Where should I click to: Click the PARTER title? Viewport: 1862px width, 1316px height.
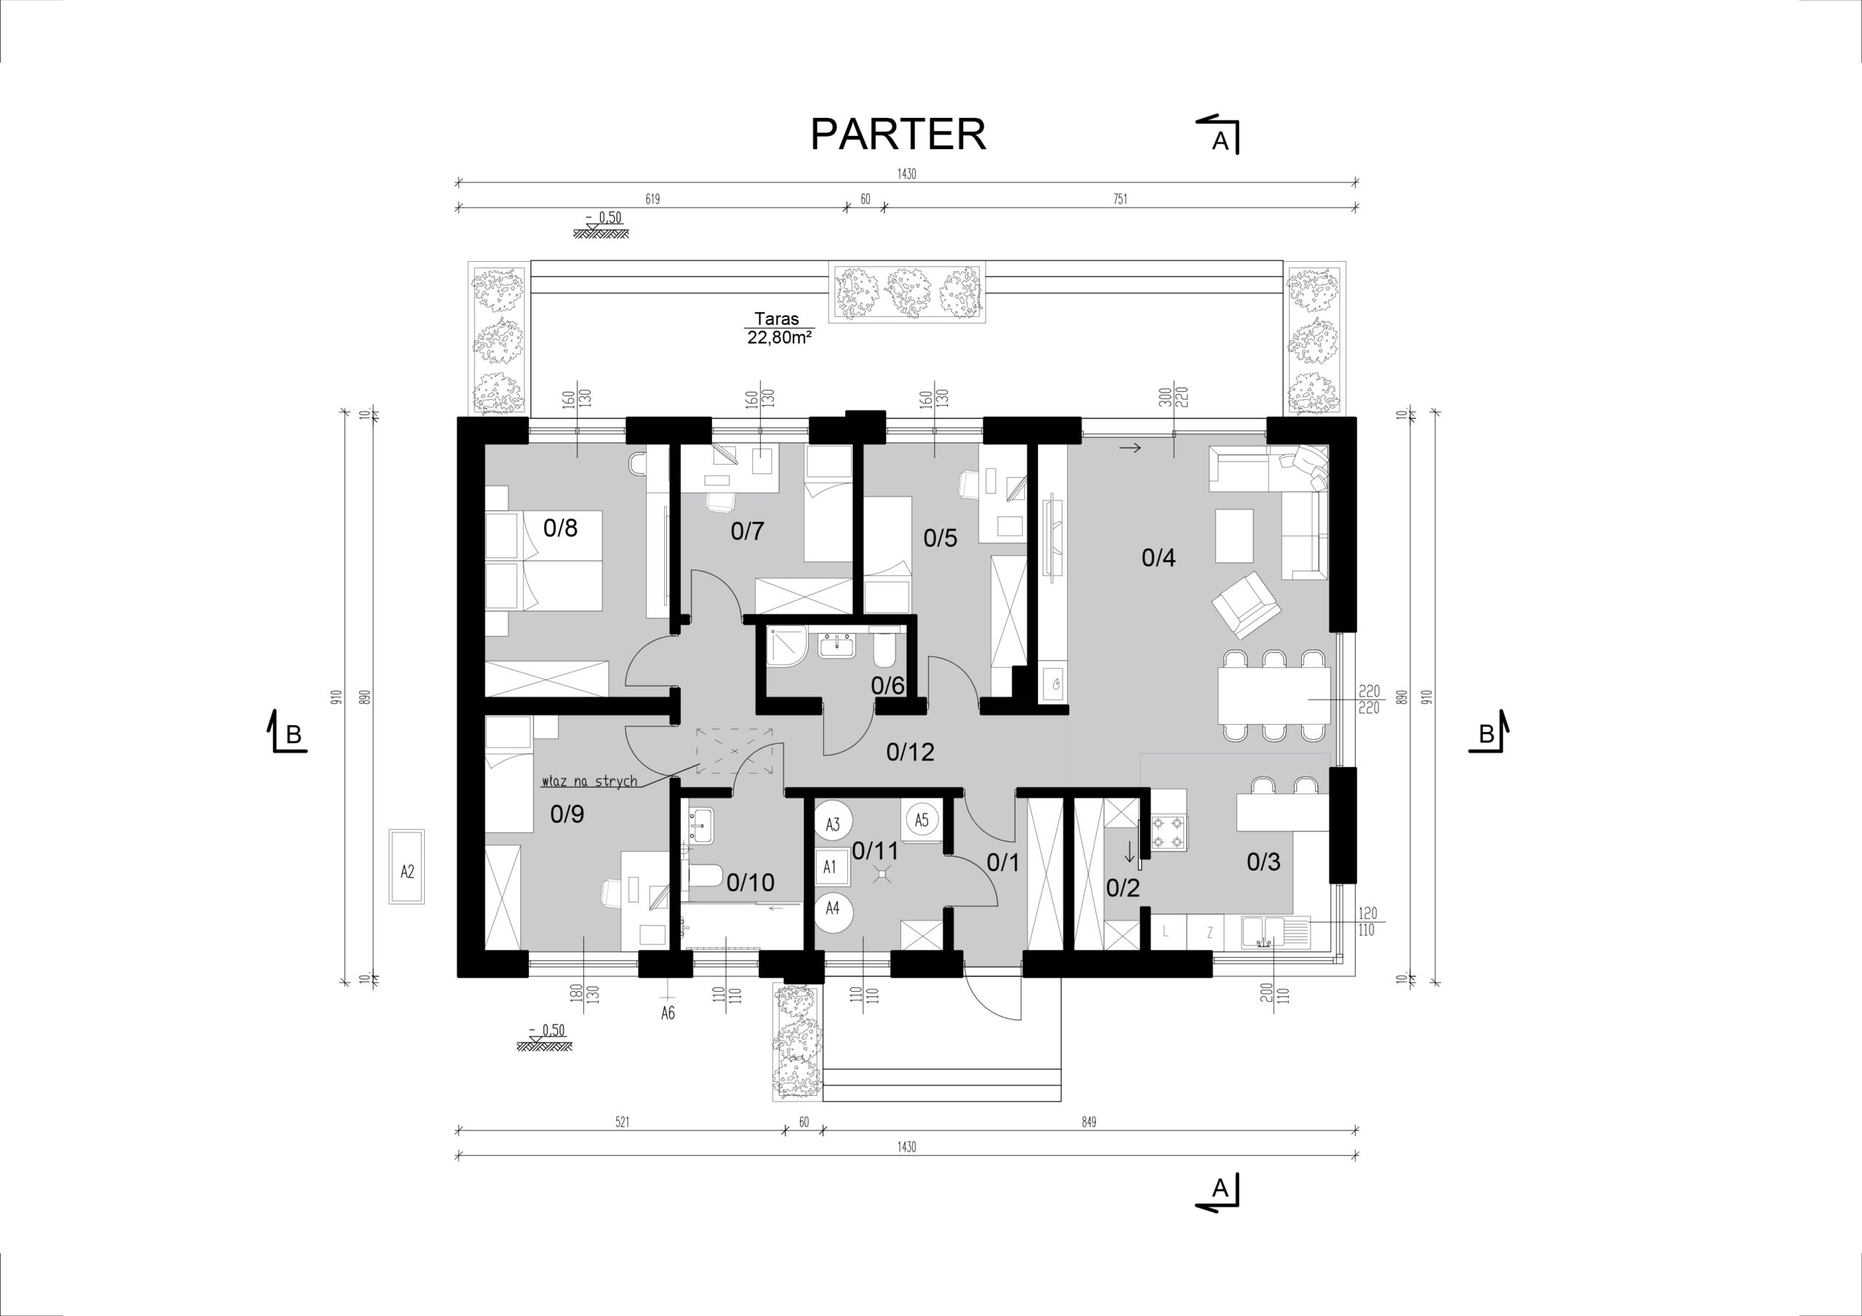898,134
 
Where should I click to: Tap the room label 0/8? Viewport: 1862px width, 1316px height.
560,528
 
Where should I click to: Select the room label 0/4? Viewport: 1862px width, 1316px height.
1158,557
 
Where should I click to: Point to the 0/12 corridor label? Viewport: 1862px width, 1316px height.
910,752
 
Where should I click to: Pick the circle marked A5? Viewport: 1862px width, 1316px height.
922,819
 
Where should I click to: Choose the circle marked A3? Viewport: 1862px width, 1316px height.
832,824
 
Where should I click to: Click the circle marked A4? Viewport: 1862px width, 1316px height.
832,908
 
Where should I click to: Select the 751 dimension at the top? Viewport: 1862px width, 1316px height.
1120,199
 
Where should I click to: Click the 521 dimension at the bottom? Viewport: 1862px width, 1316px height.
622,1122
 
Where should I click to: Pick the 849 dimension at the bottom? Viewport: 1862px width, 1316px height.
1088,1122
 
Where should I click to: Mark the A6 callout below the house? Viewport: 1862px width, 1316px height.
668,1012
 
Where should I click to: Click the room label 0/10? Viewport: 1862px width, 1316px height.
750,881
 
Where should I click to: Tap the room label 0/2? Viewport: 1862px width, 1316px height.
1123,888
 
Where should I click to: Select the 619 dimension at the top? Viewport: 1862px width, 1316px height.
652,199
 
